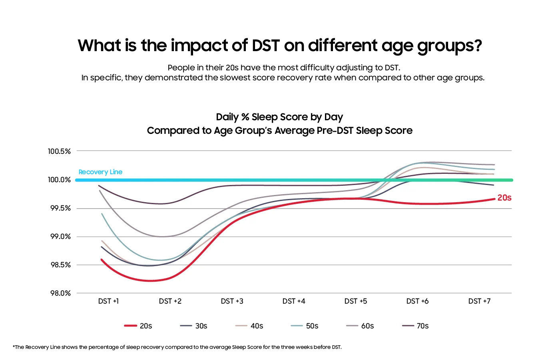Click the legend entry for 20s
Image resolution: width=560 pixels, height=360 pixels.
coord(138,326)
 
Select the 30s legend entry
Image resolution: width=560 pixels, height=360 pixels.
coord(194,326)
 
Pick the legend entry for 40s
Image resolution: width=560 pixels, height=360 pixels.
coord(249,326)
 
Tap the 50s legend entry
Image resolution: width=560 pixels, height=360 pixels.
coord(305,326)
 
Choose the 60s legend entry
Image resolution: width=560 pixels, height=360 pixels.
coord(360,326)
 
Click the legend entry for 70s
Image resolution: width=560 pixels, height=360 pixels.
coord(416,326)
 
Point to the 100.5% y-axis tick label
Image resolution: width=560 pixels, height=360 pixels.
coord(59,151)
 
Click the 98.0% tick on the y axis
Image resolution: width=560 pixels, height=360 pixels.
coord(60,293)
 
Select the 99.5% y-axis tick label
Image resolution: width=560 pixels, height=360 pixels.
coord(60,208)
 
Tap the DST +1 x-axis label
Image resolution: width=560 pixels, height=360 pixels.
coord(108,301)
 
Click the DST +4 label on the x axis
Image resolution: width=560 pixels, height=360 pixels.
coord(294,301)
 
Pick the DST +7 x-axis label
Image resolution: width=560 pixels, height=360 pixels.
coord(479,301)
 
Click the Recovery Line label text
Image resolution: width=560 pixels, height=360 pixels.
coord(100,172)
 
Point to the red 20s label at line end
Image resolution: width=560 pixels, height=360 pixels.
coord(504,198)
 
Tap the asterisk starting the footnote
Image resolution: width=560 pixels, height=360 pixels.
coord(14,346)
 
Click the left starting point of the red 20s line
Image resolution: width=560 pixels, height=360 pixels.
coord(102,259)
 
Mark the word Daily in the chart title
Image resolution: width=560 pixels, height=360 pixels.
coord(227,117)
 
